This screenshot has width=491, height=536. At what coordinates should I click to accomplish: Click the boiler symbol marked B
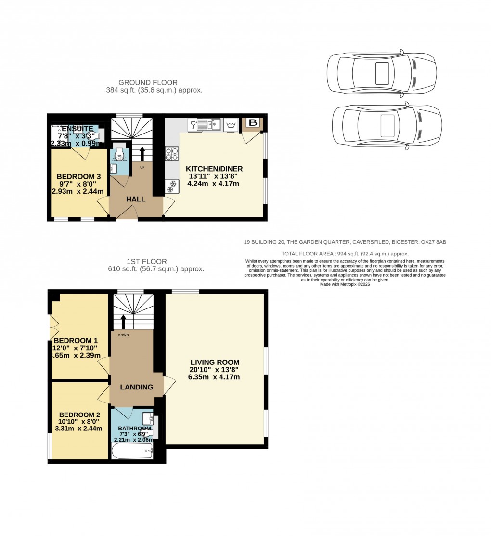253,123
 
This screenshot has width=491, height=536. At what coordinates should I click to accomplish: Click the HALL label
136,199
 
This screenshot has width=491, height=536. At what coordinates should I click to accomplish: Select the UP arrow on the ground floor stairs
142,153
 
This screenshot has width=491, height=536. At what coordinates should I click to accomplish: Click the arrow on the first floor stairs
123,320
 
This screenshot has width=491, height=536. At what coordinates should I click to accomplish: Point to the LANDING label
137,387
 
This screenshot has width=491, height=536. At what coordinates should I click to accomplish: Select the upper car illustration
382,71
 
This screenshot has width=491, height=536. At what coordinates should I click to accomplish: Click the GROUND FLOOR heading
148,82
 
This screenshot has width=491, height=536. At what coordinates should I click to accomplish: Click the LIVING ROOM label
214,362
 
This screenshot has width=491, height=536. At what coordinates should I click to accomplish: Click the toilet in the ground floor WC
119,151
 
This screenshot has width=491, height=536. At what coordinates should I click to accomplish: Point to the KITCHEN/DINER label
214,169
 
